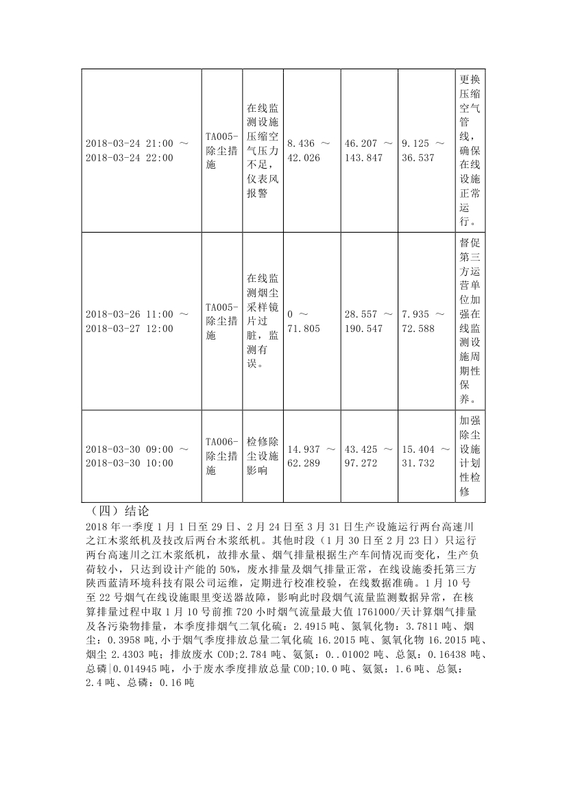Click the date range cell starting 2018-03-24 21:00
137,151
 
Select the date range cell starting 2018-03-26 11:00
137,321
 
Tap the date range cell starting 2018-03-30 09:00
137,456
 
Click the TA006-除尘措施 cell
222,456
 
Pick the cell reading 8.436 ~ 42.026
309,151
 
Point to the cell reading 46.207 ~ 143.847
370,151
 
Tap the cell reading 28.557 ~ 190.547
370,321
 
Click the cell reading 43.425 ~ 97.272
370,456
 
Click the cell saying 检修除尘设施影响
262,456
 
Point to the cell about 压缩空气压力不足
262,151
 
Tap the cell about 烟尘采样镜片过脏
262,321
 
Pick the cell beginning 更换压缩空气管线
470,151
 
